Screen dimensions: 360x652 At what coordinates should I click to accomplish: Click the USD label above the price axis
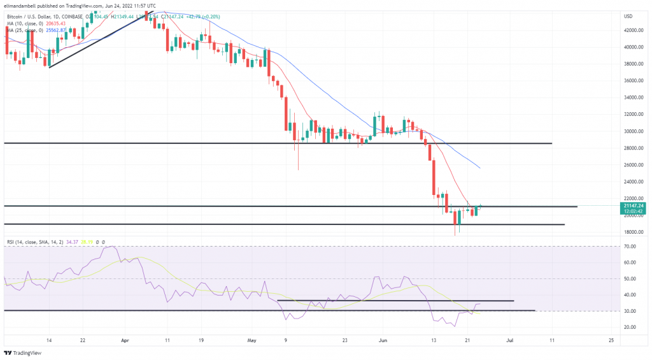coord(628,16)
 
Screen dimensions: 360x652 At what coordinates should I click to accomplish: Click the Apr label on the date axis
coord(125,341)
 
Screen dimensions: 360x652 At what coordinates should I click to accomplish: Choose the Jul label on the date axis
coord(510,341)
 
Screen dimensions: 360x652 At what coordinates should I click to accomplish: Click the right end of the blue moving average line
coord(479,168)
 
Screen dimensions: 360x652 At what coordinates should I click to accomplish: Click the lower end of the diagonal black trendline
coord(49,67)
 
